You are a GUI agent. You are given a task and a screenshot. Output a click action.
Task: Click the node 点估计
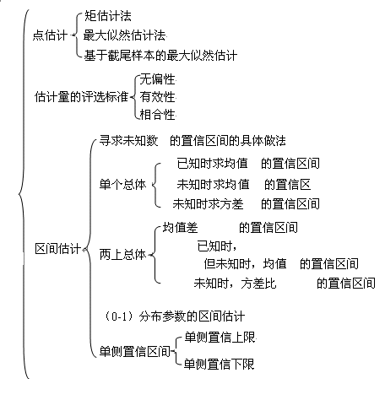pyautogui.click(x=50, y=35)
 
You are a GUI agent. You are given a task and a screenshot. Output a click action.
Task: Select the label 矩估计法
pyautogui.click(x=108, y=16)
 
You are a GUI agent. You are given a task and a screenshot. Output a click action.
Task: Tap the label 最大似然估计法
pyautogui.click(x=124, y=35)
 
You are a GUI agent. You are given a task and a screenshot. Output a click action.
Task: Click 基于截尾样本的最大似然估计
pyautogui.click(x=160, y=55)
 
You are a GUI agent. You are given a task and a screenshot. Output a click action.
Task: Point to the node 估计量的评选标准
pyautogui.click(x=81, y=97)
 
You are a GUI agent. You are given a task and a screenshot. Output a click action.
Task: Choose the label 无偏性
pyautogui.click(x=158, y=79)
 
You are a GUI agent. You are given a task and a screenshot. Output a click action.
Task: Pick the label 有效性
pyautogui.click(x=158, y=97)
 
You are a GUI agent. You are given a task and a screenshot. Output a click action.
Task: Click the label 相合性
pyautogui.click(x=158, y=115)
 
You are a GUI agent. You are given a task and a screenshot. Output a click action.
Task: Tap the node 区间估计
pyautogui.click(x=58, y=249)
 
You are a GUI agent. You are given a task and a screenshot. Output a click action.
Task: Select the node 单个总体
pyautogui.click(x=122, y=185)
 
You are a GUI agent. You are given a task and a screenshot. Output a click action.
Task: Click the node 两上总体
pyautogui.click(x=122, y=255)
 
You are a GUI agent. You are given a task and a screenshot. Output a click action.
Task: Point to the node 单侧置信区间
pyautogui.click(x=135, y=352)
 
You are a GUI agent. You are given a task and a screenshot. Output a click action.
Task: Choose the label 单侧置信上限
pyautogui.click(x=220, y=338)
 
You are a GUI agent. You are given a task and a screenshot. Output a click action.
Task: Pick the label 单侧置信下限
pyautogui.click(x=220, y=364)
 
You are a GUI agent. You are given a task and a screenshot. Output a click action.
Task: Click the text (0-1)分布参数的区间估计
pyautogui.click(x=175, y=316)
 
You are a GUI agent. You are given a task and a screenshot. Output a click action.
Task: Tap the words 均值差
pyautogui.click(x=181, y=228)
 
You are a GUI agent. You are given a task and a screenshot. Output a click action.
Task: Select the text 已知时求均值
pyautogui.click(x=213, y=163)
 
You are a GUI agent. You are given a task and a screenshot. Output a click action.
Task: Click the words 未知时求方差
pyautogui.click(x=209, y=204)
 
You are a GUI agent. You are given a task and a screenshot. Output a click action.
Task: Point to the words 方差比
pyautogui.click(x=258, y=284)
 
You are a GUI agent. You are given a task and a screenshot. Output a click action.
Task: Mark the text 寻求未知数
pyautogui.click(x=128, y=141)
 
